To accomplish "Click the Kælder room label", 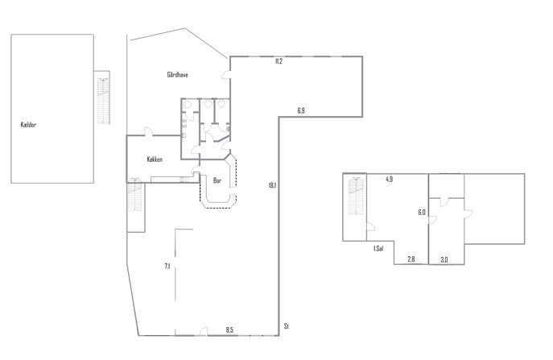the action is point(28,125).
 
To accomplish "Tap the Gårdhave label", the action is point(177,74).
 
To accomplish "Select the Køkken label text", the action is point(155,159).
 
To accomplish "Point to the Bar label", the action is point(217,180).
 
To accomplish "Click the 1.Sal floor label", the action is point(378,249).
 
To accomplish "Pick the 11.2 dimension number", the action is point(279,61).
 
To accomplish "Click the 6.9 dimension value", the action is point(301,110).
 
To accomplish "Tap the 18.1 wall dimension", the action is point(272,185).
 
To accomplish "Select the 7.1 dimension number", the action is point(167,266).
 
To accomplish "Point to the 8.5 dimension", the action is point(229,330).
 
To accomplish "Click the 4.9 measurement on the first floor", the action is point(389,179).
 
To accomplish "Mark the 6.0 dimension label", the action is point(422,212).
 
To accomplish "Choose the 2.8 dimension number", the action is point(411,259).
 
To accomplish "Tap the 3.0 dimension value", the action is point(444,260).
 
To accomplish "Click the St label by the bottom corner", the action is point(287,326).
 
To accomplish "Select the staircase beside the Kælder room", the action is point(103,101).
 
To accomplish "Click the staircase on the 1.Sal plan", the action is point(356,197).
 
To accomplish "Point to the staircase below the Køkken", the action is point(134,195).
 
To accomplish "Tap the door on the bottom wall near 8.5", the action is point(203,332).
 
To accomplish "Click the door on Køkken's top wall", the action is point(148,131).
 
